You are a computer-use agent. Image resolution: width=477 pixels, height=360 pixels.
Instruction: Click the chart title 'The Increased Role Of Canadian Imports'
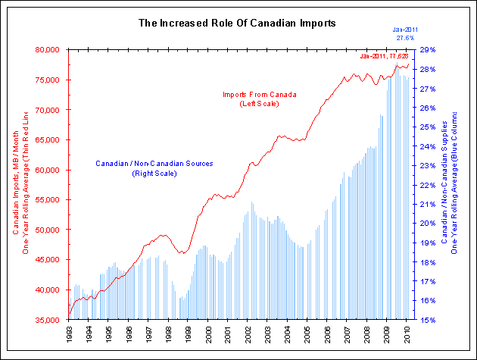click(x=238, y=23)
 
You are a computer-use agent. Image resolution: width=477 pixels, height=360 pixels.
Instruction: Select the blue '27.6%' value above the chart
click(x=405, y=37)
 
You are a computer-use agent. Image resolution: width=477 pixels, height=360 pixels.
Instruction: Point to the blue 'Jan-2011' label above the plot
click(x=405, y=29)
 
